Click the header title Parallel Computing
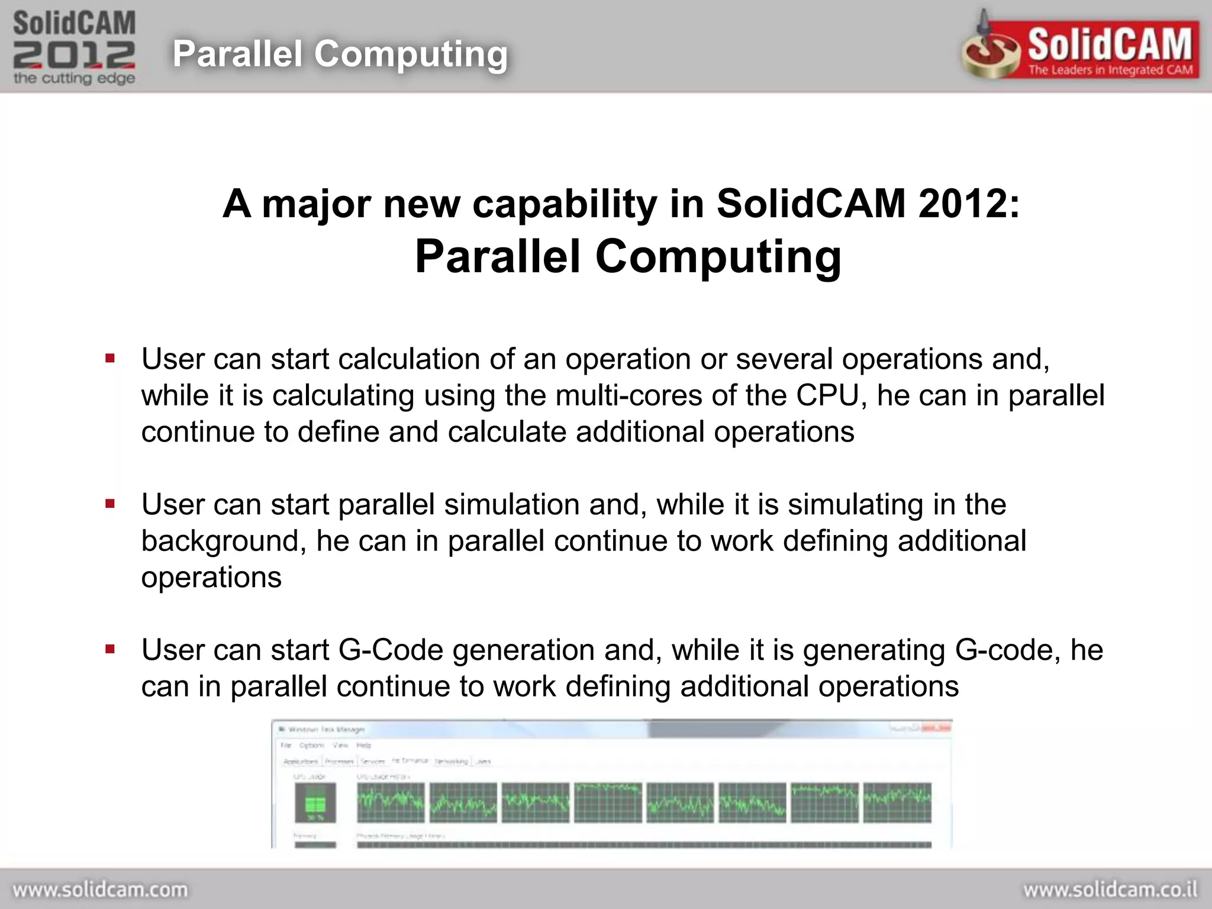(340, 54)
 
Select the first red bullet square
(110, 358)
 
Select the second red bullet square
(110, 504)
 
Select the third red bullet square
(110, 649)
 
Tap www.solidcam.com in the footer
(100, 889)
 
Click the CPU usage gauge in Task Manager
(315, 803)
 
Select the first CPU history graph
(391, 802)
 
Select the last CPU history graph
(897, 802)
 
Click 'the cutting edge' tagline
(74, 78)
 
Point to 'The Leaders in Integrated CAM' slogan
(1110, 70)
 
